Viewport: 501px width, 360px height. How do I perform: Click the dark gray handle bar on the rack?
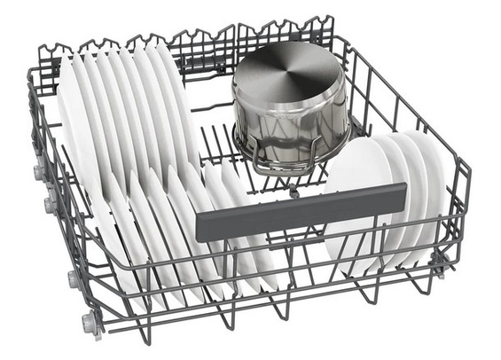tap(301, 211)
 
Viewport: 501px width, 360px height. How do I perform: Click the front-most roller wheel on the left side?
tap(90, 321)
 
